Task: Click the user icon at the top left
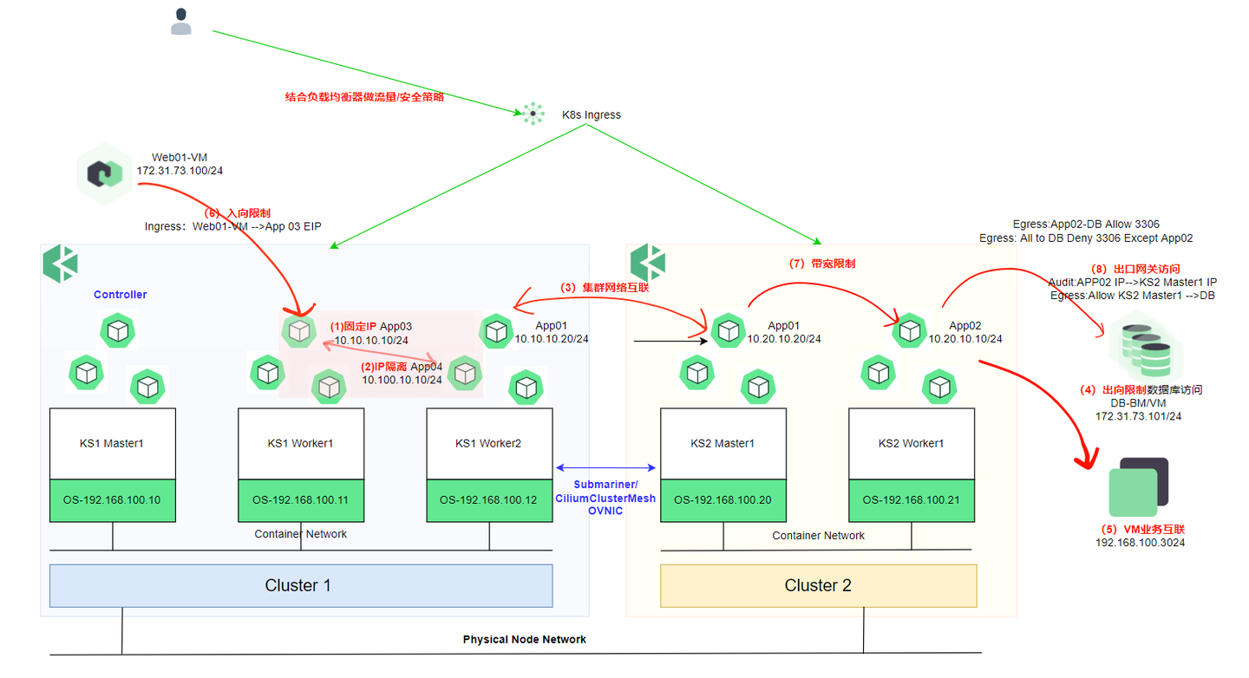click(181, 22)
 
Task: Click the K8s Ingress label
click(592, 114)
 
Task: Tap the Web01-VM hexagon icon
click(104, 173)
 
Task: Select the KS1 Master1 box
click(112, 443)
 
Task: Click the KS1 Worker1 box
click(301, 443)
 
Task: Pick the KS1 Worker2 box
click(489, 443)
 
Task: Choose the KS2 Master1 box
click(723, 443)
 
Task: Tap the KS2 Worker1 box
click(911, 443)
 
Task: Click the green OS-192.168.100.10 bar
click(112, 500)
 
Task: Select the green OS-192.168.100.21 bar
click(911, 500)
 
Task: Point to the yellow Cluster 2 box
click(818, 585)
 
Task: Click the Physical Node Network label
click(524, 639)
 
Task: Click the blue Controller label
click(121, 295)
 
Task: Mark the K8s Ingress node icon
click(533, 114)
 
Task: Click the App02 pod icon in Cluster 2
click(910, 330)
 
